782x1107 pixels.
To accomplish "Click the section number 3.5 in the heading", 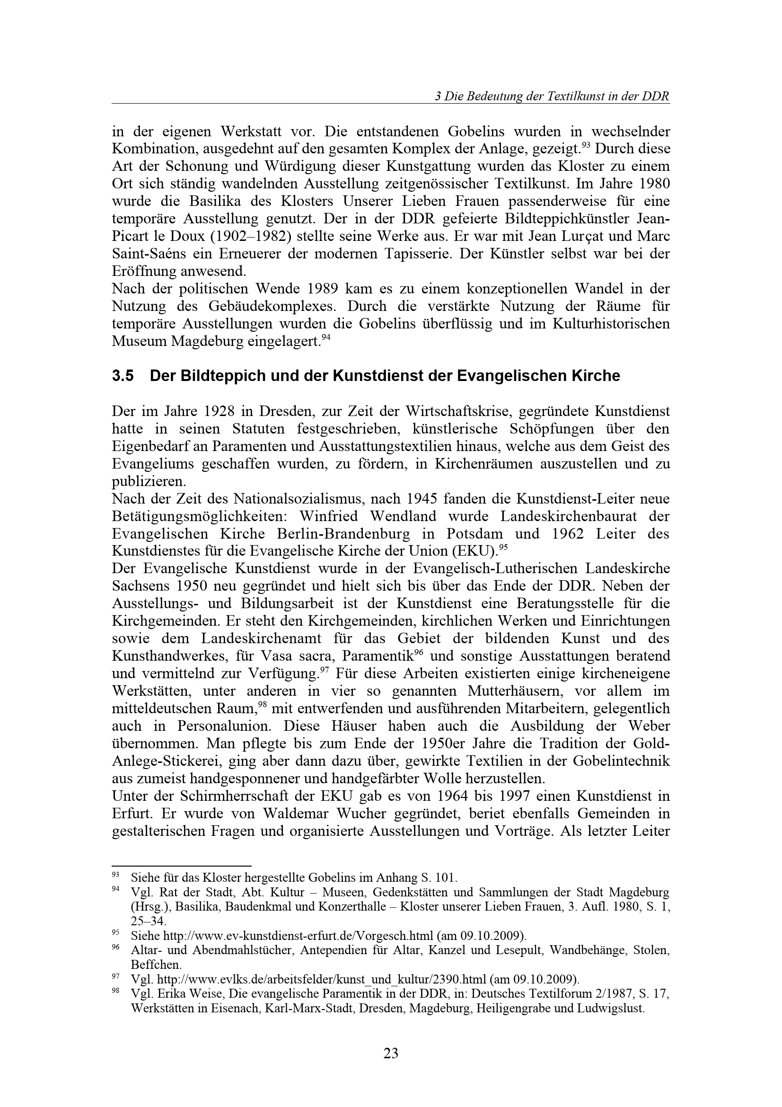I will click(123, 376).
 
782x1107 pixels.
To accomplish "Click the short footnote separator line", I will click(182, 866).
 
